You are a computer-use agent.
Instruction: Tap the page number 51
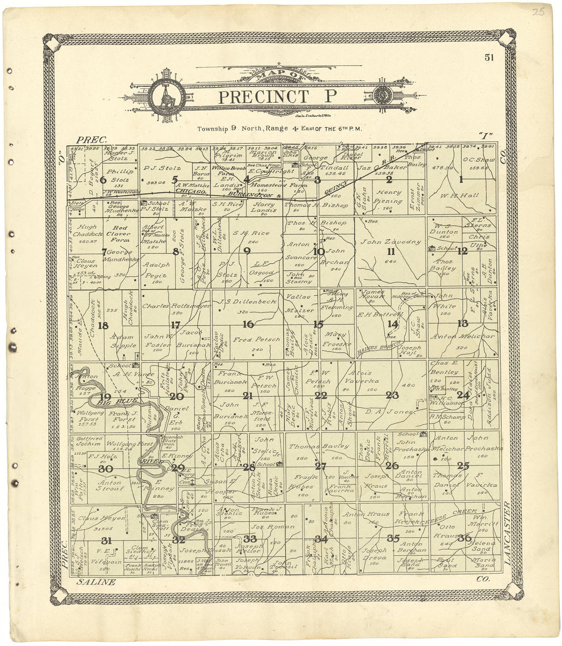coord(489,57)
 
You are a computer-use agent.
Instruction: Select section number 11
coord(391,251)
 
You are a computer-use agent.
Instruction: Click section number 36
coord(464,537)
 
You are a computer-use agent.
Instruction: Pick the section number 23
coord(392,394)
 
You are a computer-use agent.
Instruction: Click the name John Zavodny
coord(391,242)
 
